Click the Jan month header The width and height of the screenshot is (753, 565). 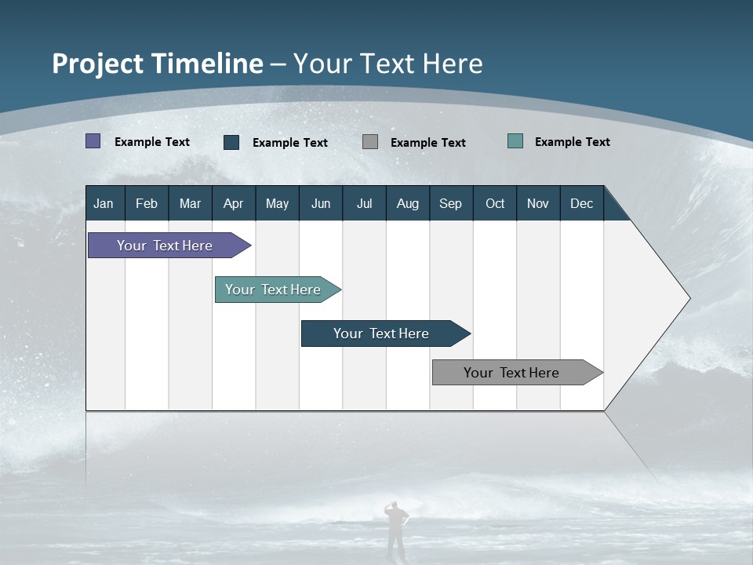pos(104,203)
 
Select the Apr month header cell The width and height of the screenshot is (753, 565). pos(234,203)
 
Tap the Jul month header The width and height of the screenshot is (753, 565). pos(364,203)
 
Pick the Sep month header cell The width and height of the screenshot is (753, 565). pos(451,203)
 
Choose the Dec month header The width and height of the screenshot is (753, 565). pos(581,203)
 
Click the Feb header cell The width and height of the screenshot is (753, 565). pos(147,203)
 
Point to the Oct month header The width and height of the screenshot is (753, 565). pos(495,203)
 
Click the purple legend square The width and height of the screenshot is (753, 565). pos(93,141)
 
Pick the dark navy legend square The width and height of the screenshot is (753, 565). pos(231,142)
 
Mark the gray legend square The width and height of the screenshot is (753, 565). pos(370,142)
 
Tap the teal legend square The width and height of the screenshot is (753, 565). pos(515,141)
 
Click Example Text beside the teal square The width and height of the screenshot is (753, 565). pos(572,142)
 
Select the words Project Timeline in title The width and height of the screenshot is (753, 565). pos(158,64)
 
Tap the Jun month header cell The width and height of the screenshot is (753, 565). pos(321,203)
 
